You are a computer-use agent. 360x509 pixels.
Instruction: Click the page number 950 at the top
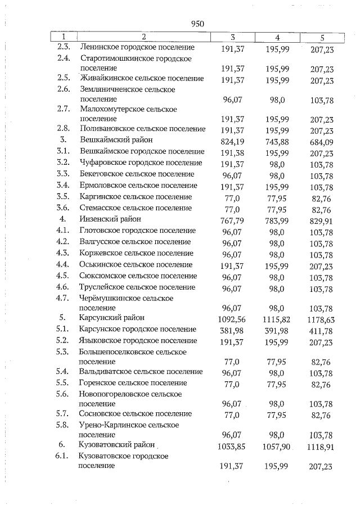click(197, 24)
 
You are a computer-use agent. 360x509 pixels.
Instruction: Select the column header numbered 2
click(143, 37)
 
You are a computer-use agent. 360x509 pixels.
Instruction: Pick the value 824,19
click(232, 141)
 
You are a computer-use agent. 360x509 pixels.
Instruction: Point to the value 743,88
click(277, 141)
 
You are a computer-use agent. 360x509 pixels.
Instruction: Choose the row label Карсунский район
click(107, 317)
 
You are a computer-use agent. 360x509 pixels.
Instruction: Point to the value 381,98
click(232, 330)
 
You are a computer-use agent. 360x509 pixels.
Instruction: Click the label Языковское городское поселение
click(138, 340)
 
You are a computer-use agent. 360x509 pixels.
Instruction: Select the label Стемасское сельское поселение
click(136, 208)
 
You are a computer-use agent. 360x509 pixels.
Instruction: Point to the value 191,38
click(232, 152)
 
